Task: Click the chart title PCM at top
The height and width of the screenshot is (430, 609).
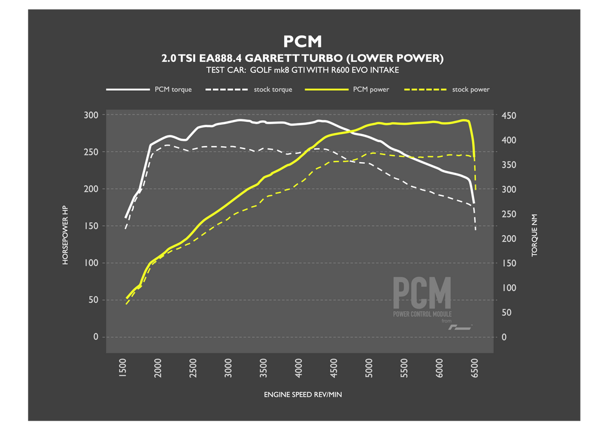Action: click(x=303, y=41)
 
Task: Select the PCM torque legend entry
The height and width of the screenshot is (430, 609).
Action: click(x=174, y=90)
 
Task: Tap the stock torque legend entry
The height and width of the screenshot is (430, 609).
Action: click(x=273, y=90)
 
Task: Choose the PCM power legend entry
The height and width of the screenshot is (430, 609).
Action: click(x=371, y=90)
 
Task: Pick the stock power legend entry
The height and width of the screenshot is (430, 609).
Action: click(x=470, y=90)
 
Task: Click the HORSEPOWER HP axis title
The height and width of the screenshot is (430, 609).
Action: click(x=67, y=226)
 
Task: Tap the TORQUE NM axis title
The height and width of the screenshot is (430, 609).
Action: click(x=534, y=235)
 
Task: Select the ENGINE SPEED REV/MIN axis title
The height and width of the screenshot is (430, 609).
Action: click(x=303, y=394)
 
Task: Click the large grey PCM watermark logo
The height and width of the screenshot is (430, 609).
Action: click(x=422, y=293)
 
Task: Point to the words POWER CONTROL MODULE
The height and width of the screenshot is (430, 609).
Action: click(x=422, y=314)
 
